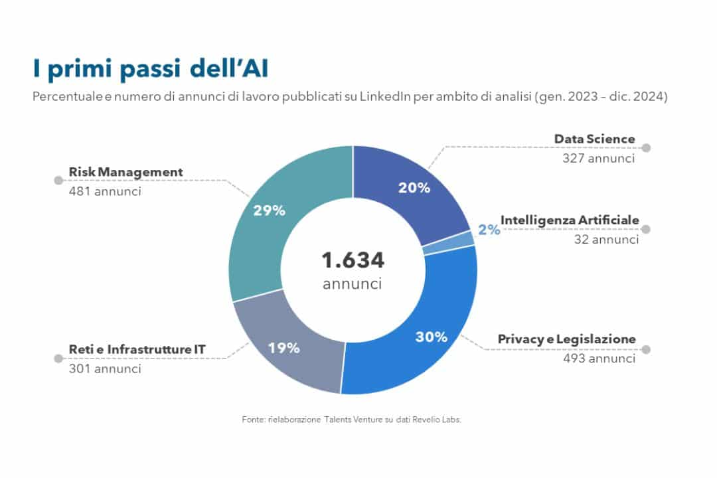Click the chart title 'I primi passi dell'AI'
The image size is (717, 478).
pyautogui.click(x=151, y=69)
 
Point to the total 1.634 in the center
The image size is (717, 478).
pyautogui.click(x=353, y=260)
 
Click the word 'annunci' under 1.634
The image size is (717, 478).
pyautogui.click(x=353, y=284)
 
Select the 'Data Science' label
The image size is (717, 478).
pyautogui.click(x=594, y=139)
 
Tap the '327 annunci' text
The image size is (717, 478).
pyautogui.click(x=598, y=159)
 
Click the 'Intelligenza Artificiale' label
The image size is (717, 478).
pyautogui.click(x=570, y=220)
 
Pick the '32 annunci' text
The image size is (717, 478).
pyautogui.click(x=606, y=239)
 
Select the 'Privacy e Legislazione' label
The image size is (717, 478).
pyautogui.click(x=567, y=339)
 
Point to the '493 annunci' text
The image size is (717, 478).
pyautogui.click(x=598, y=358)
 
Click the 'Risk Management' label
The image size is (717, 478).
pyautogui.click(x=125, y=172)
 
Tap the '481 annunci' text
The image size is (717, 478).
pyautogui.click(x=105, y=191)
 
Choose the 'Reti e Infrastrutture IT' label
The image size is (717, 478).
pyautogui.click(x=137, y=349)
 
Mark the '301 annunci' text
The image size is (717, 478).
pyautogui.click(x=105, y=368)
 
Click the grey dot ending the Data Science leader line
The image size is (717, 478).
pyautogui.click(x=646, y=148)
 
